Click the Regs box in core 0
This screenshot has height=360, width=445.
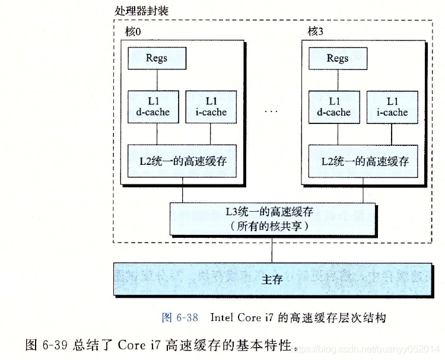157,58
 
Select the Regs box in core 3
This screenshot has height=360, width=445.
338,58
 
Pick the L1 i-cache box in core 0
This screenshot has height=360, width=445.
211,107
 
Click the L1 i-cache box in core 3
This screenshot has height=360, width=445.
393,107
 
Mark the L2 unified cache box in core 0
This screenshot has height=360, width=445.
182,161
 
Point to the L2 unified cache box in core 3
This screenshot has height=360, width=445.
364,161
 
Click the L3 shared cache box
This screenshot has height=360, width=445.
273,218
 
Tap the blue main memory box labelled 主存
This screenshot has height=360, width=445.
272,279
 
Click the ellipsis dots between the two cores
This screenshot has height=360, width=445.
272,111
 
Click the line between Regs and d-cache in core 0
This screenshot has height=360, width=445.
157,79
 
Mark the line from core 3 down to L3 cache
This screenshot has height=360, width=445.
364,193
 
